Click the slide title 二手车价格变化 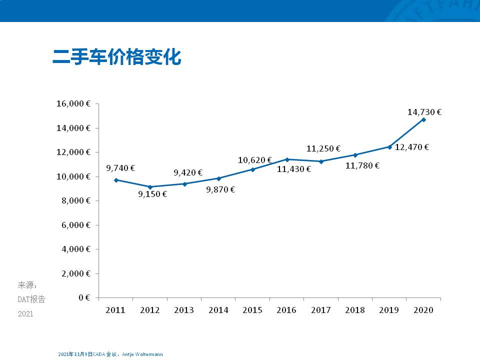116,57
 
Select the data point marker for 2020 423,119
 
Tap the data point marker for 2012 150,187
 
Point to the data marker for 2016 287,159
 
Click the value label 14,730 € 424,112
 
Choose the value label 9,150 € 152,194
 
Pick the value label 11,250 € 323,148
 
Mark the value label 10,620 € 254,160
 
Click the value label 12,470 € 412,147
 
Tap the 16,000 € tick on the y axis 73,104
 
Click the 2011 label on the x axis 115,310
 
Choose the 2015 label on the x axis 252,310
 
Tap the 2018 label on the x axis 355,310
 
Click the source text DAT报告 31,299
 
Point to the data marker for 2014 218,178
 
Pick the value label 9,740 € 120,168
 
